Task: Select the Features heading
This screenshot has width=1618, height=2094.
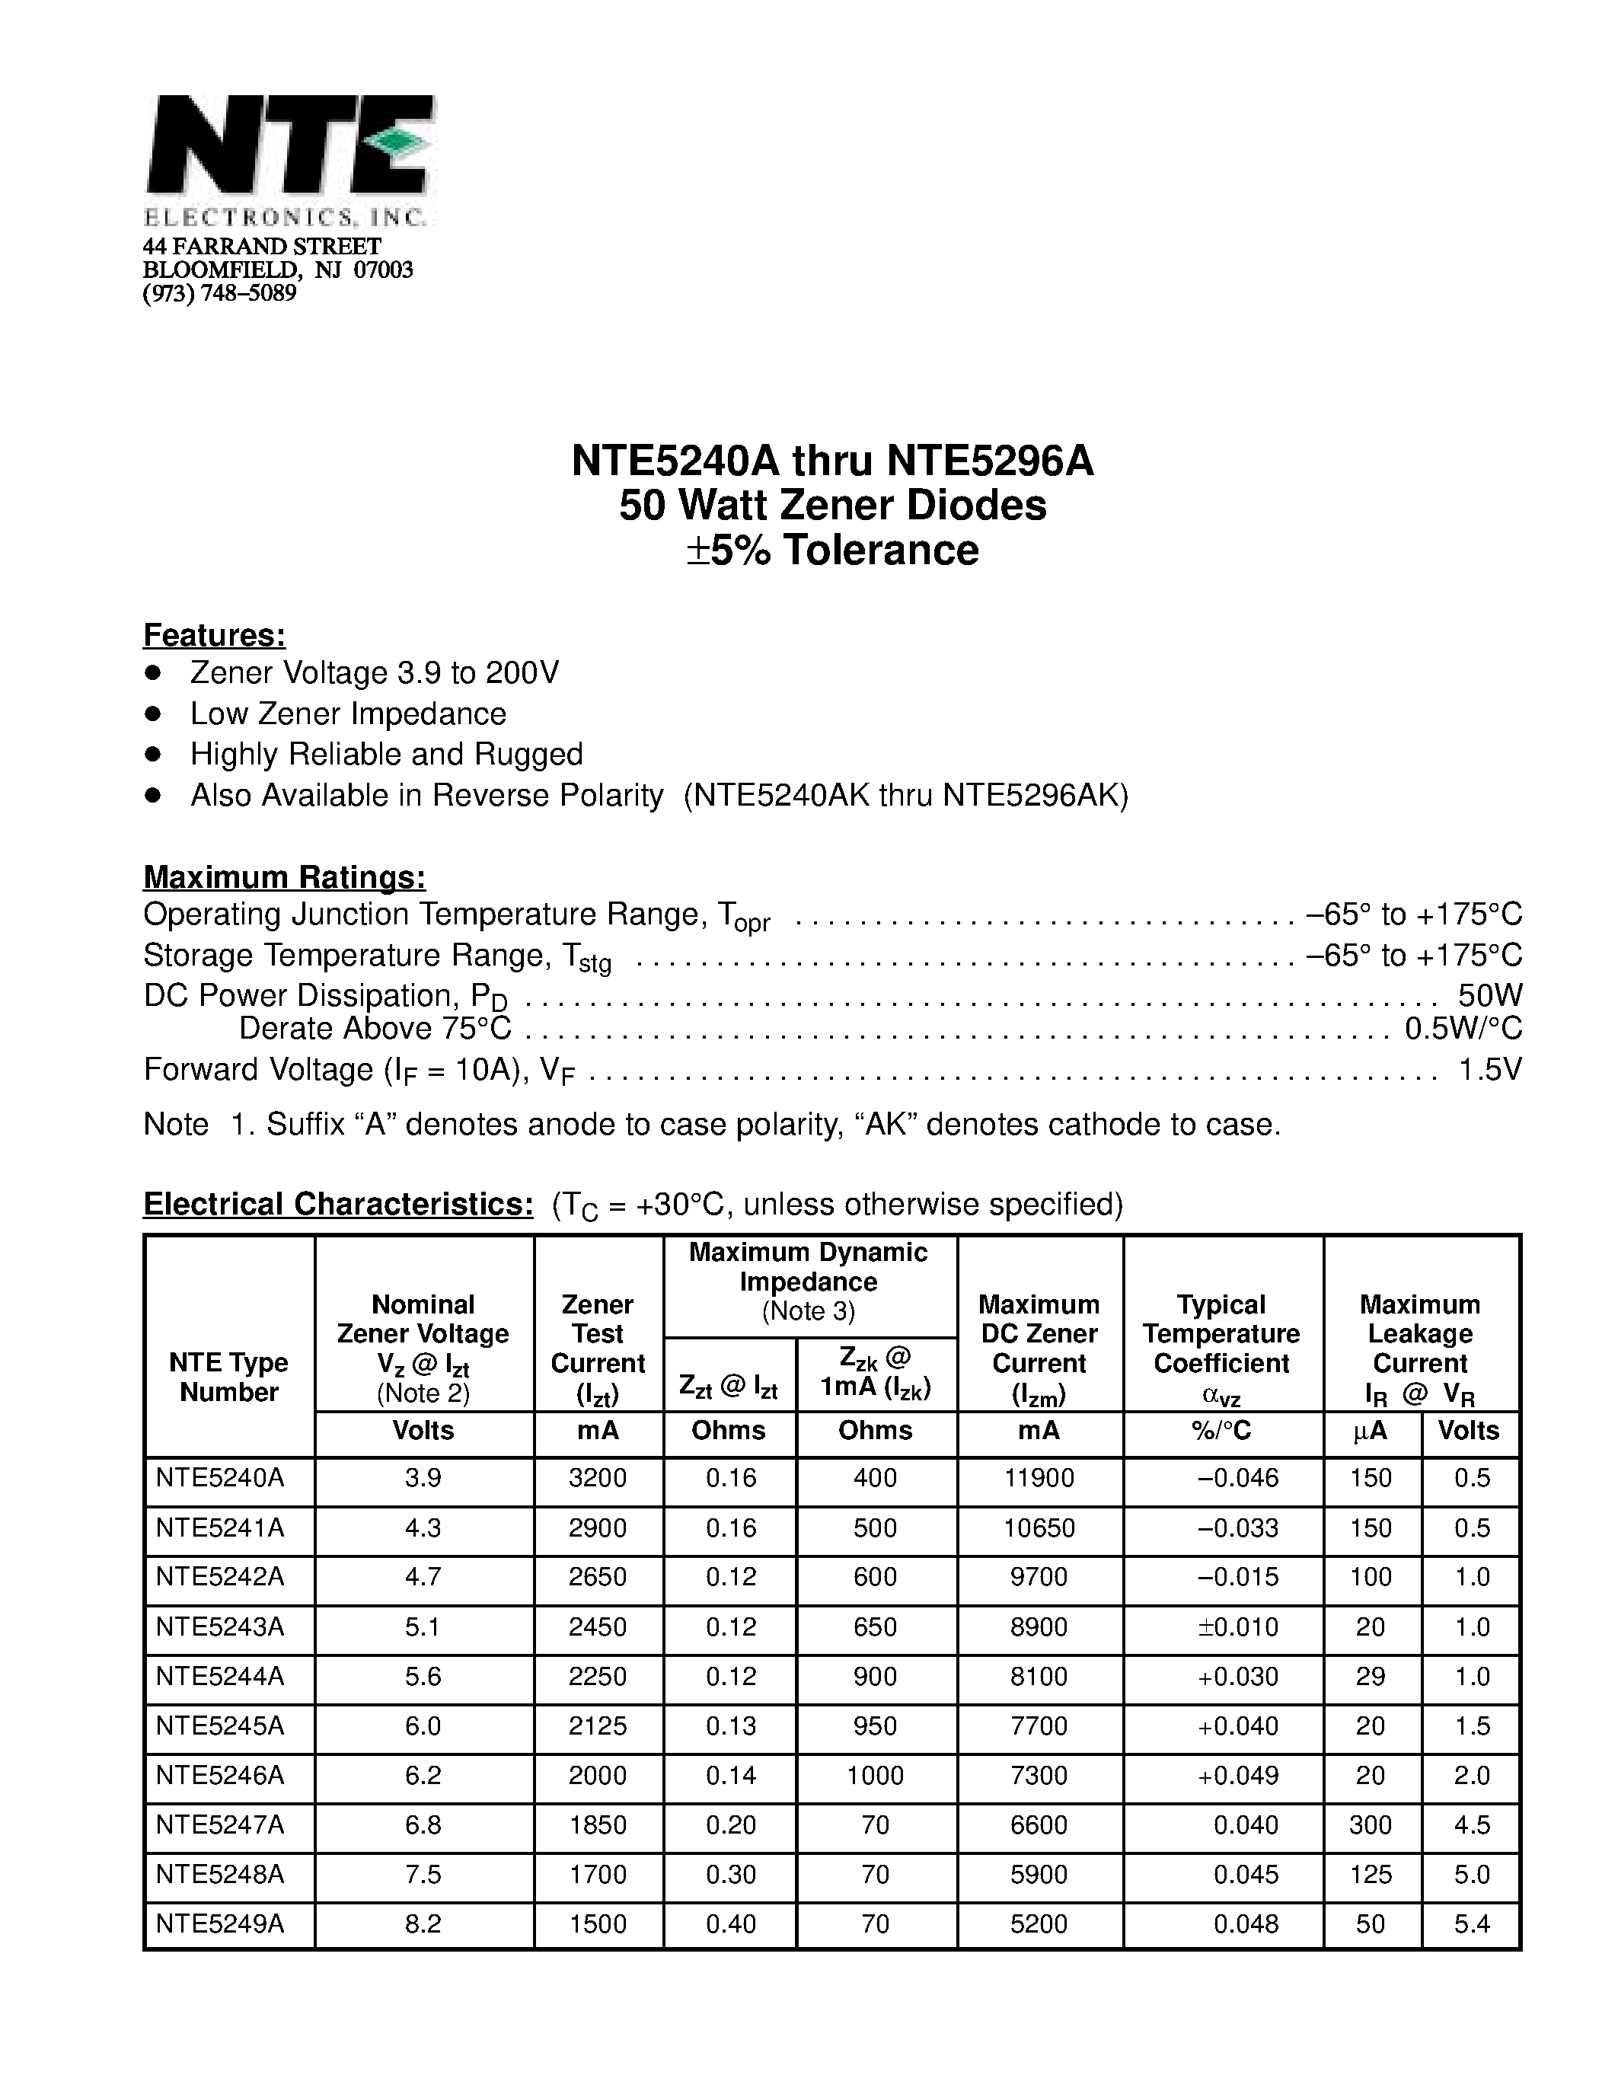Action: click(x=214, y=635)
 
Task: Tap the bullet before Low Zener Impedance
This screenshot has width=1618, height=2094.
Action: click(x=152, y=713)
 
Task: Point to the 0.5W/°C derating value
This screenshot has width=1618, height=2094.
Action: click(x=1463, y=1028)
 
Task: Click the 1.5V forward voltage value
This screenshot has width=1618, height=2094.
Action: click(x=1489, y=1069)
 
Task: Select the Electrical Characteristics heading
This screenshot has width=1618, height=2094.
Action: click(x=337, y=1205)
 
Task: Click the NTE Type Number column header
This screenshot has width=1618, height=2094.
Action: click(x=228, y=1377)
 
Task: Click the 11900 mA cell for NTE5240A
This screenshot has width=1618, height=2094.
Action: click(x=1039, y=1479)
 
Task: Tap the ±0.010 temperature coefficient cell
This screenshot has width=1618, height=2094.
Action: click(x=1238, y=1627)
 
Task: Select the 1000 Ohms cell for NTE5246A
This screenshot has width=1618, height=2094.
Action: click(x=874, y=1776)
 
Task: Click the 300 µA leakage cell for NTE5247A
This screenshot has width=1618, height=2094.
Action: click(x=1370, y=1825)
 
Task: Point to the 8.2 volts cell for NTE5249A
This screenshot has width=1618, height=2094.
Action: click(x=423, y=1924)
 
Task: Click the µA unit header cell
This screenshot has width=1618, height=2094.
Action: click(x=1370, y=1432)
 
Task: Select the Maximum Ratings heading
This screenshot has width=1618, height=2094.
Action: click(x=284, y=877)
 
